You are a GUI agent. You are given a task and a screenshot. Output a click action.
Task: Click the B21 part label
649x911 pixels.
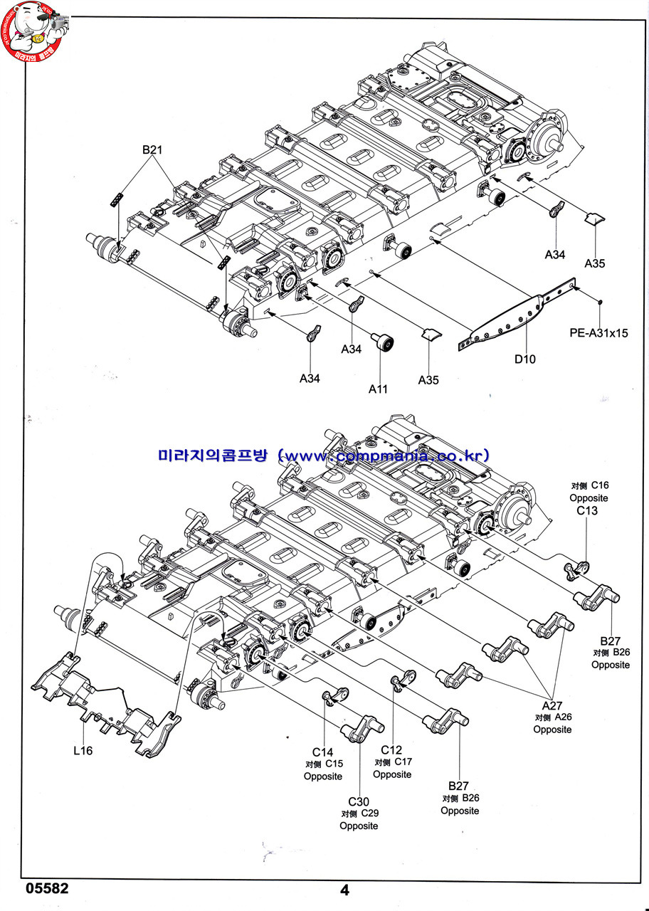(152, 150)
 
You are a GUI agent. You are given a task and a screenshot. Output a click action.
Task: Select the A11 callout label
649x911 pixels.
(379, 389)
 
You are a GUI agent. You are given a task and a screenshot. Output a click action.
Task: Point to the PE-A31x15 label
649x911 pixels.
(599, 332)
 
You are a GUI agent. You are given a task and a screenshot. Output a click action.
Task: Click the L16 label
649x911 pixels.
(82, 750)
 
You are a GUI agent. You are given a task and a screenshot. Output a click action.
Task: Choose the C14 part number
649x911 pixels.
(322, 752)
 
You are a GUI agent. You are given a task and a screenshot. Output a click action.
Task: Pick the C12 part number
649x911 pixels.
(391, 749)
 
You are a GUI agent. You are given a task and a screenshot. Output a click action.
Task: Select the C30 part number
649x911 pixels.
(358, 801)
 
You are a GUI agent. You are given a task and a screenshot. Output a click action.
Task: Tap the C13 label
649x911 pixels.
(588, 511)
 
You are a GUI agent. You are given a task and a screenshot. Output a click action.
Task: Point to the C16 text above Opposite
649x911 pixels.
(599, 485)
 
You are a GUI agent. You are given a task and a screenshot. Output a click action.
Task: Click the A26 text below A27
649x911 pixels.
(562, 717)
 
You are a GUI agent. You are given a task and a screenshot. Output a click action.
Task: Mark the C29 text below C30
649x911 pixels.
(368, 813)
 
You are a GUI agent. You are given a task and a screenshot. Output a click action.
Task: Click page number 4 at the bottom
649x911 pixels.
(345, 890)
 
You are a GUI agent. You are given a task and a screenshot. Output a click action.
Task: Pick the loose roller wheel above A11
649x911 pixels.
(384, 343)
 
